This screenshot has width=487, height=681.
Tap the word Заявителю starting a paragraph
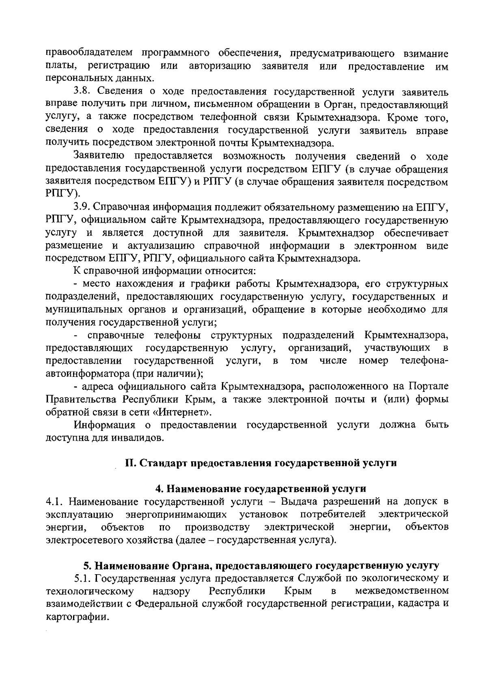coord(98,156)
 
